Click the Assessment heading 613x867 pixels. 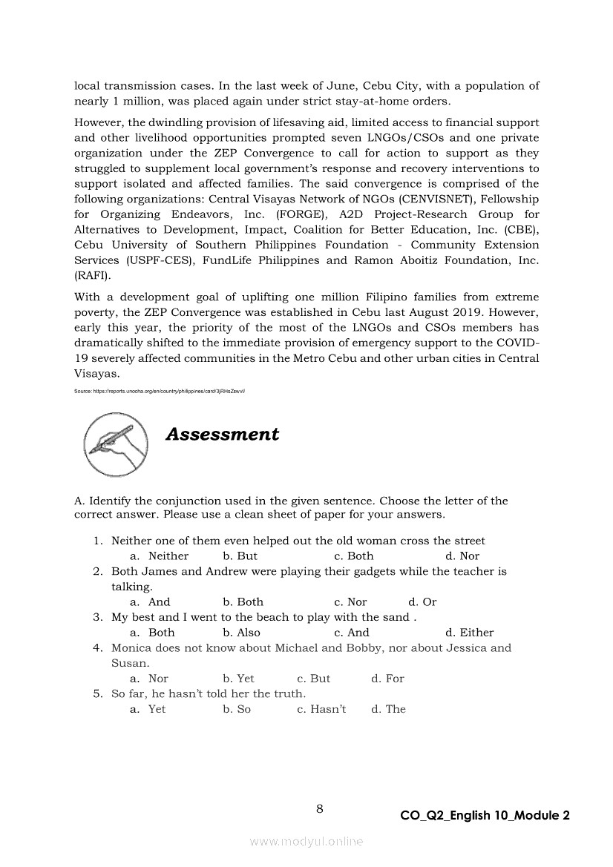pyautogui.click(x=222, y=435)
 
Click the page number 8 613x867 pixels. pyautogui.click(x=319, y=808)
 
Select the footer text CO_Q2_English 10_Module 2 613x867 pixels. pyautogui.click(x=485, y=816)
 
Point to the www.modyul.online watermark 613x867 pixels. pyautogui.click(x=306, y=841)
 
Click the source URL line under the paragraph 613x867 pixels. pyautogui.click(x=160, y=391)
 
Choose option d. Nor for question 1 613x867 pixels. pyautogui.click(x=462, y=556)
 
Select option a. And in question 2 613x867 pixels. pyautogui.click(x=150, y=602)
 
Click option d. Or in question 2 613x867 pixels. pyautogui.click(x=422, y=602)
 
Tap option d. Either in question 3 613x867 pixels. pyautogui.click(x=469, y=633)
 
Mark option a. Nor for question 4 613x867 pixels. pyautogui.click(x=149, y=679)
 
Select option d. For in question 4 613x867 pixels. pyautogui.click(x=387, y=679)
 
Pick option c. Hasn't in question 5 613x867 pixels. pyautogui.click(x=321, y=709)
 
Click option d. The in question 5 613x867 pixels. pyautogui.click(x=388, y=709)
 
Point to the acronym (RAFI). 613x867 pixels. pyautogui.click(x=93, y=276)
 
